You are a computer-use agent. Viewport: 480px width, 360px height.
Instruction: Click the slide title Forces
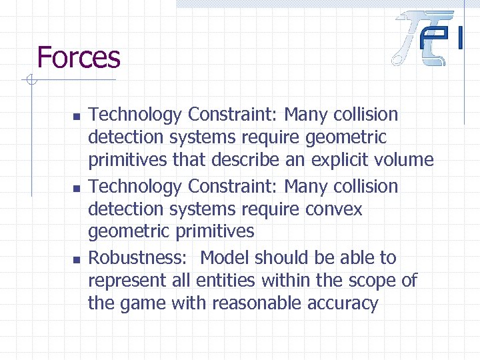coord(79,57)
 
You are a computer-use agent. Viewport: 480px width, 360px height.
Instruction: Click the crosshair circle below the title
coord(29,81)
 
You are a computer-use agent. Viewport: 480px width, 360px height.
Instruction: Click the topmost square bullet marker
coord(76,117)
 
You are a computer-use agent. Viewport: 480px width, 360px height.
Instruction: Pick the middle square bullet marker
coord(76,189)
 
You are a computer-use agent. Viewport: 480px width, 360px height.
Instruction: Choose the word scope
coord(373,281)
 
